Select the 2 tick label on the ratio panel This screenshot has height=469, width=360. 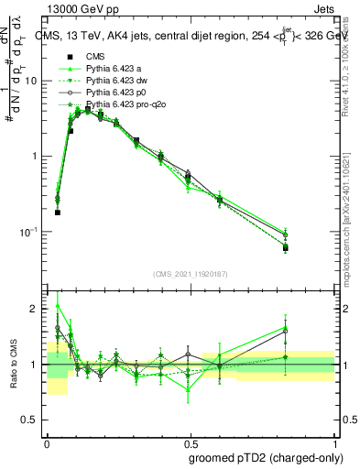tap(36, 310)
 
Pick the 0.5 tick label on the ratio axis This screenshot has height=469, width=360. tap(32, 420)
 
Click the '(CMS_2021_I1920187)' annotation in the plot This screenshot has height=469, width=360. tap(191, 273)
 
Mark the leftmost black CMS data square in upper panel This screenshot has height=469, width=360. tap(58, 213)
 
